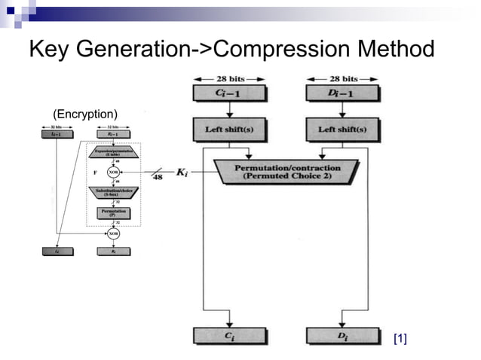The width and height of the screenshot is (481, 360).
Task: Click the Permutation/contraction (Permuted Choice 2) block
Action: (x=287, y=172)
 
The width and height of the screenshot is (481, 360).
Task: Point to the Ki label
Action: (x=182, y=172)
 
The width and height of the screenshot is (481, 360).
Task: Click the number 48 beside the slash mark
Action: (x=158, y=178)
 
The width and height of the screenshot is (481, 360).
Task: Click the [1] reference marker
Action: (x=400, y=339)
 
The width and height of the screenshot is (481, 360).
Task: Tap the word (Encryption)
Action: (x=85, y=114)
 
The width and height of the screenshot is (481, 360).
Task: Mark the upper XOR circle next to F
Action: (x=113, y=172)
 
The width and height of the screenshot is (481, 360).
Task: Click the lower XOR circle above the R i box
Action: (x=113, y=233)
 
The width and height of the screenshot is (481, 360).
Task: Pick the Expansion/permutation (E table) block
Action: (x=113, y=151)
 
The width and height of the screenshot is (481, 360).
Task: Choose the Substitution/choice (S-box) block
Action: (x=113, y=192)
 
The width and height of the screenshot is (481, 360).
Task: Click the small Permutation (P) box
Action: (x=113, y=213)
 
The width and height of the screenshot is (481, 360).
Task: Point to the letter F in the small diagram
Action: (x=95, y=172)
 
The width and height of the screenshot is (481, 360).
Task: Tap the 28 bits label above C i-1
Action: (x=228, y=78)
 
